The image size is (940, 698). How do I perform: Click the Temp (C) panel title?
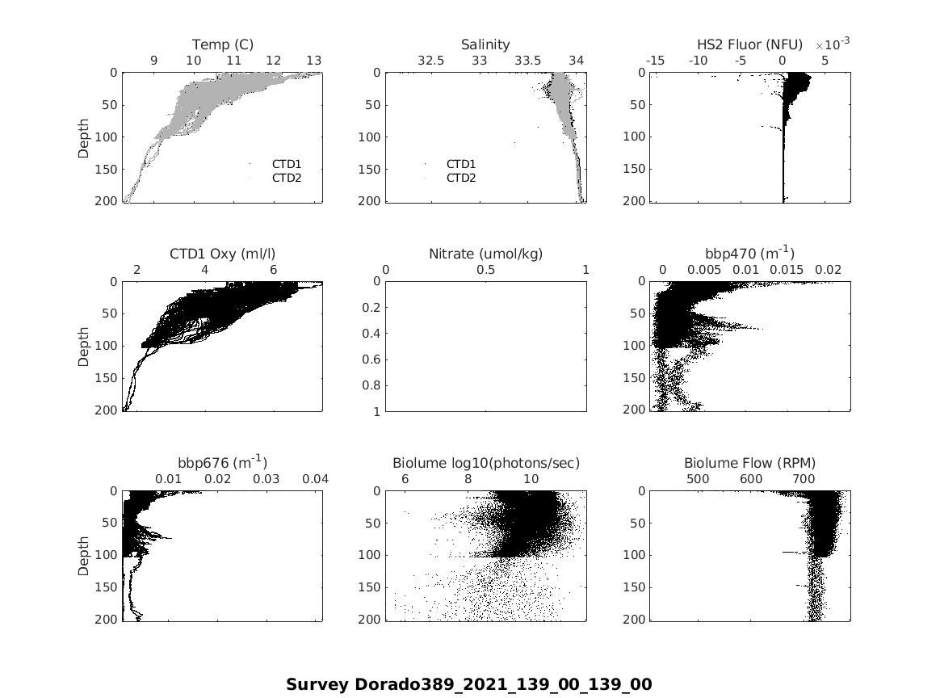click(x=223, y=44)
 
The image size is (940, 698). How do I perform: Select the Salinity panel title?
click(x=485, y=44)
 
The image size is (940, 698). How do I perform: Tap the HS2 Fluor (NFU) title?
click(x=749, y=44)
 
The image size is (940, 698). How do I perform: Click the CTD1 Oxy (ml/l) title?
click(x=223, y=254)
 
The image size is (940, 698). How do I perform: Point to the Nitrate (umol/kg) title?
click(x=485, y=254)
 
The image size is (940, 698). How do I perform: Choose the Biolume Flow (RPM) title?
click(x=749, y=463)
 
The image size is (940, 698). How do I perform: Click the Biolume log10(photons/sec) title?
click(x=485, y=463)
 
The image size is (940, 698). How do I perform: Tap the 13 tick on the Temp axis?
click(x=313, y=61)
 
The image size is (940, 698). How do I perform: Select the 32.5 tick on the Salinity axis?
click(x=430, y=61)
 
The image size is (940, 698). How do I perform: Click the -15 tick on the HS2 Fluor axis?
click(x=655, y=61)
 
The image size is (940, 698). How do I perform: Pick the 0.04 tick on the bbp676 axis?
click(x=315, y=479)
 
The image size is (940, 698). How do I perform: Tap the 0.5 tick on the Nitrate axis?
click(x=485, y=270)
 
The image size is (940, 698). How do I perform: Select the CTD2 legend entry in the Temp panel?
click(x=286, y=178)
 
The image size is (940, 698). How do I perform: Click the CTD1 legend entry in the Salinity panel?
click(x=461, y=164)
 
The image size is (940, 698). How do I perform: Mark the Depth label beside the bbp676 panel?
click(x=84, y=556)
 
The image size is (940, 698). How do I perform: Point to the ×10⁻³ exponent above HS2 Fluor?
click(x=832, y=44)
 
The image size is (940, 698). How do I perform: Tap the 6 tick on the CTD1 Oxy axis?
click(x=273, y=270)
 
